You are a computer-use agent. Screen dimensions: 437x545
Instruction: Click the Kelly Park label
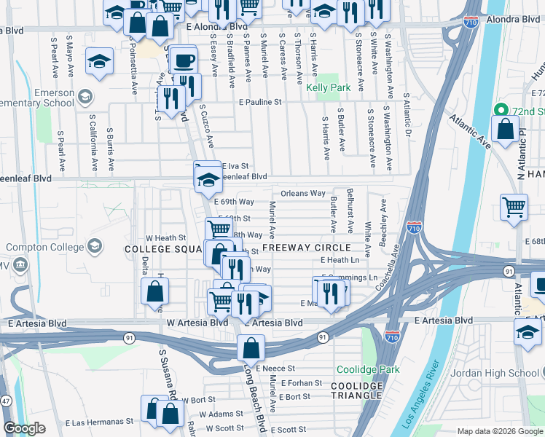[328, 87]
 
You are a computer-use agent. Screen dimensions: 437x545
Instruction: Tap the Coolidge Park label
[367, 369]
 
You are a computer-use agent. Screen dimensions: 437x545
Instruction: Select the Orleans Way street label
[302, 194]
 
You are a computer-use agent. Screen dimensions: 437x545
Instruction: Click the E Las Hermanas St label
[99, 421]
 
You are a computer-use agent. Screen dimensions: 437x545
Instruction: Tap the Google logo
[24, 428]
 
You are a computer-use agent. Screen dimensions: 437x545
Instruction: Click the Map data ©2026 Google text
[500, 431]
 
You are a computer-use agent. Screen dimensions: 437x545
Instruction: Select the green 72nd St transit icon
[501, 111]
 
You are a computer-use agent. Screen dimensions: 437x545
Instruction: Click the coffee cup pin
[184, 59]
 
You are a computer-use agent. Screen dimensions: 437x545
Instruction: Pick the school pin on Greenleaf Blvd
[208, 176]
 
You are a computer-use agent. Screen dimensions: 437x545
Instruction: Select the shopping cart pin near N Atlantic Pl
[514, 208]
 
